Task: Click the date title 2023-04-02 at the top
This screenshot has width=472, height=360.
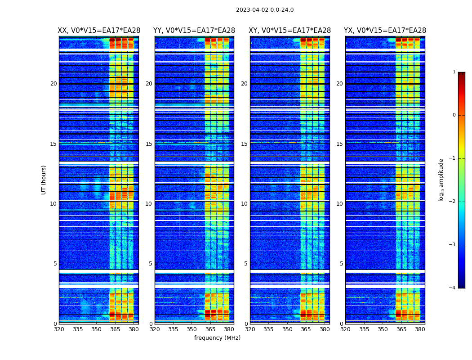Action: coord(265,10)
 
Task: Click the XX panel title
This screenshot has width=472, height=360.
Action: coord(99,31)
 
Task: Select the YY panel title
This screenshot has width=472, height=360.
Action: coord(194,31)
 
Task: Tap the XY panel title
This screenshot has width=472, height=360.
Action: coord(290,31)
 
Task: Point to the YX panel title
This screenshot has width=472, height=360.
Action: coord(385,31)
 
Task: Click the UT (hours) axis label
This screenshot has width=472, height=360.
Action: coord(44,180)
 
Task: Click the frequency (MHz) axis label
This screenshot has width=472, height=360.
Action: coord(217,338)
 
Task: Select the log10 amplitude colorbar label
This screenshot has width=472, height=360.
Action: coord(441,180)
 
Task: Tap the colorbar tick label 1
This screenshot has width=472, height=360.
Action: coord(454,72)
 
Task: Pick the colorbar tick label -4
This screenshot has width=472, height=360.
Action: coord(453,288)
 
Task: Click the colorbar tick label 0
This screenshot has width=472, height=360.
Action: coord(454,115)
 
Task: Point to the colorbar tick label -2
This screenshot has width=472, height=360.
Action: coord(453,202)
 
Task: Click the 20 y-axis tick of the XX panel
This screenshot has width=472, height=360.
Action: coord(53,84)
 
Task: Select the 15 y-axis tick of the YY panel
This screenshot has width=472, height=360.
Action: coord(149,144)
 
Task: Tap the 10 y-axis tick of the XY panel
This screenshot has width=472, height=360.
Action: coord(244,204)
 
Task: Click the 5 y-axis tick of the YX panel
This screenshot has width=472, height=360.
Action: coord(341,264)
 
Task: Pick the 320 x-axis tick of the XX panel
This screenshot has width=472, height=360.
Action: coord(59,329)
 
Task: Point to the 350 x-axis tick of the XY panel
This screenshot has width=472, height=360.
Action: coord(287,329)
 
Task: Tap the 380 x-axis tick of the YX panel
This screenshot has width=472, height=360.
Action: coord(420,329)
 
